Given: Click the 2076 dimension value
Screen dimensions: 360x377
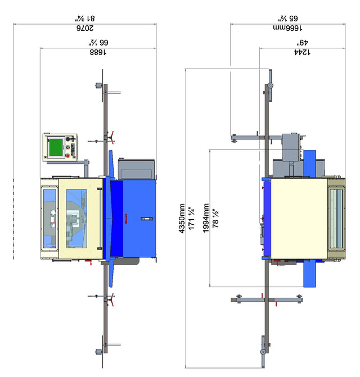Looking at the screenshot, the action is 85,28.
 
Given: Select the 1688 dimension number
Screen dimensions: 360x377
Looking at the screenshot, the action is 98,52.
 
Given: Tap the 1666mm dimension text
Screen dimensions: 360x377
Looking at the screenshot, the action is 288,28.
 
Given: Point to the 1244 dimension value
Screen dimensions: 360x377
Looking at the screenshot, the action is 302,52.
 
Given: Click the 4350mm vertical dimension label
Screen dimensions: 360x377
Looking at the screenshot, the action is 182,219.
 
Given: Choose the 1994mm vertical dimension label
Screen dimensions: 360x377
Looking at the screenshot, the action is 206,218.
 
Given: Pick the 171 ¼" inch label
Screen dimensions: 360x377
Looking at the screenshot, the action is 192,218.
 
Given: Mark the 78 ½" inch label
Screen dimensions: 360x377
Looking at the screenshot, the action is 215,218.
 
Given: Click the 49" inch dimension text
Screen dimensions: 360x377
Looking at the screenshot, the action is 303,43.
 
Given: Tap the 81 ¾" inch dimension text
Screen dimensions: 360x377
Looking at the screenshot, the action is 85,19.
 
